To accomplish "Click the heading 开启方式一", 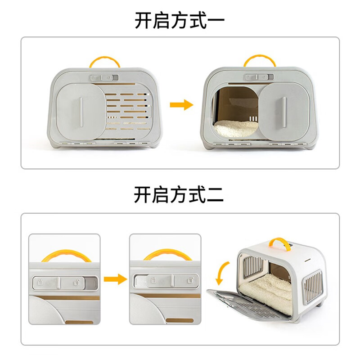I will (180, 20).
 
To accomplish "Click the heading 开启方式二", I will (180, 195).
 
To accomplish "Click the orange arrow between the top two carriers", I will (181, 105).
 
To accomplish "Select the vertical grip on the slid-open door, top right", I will (284, 108).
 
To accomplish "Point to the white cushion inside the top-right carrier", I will (234, 128).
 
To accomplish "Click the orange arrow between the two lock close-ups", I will (115, 279).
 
